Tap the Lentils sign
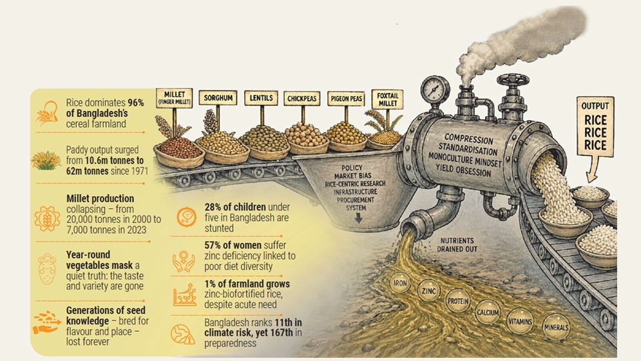coord(261,99)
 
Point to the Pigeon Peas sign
coord(346,99)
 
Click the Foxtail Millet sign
coord(387,102)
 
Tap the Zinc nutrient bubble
coord(428,291)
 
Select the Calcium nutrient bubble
coord(487,313)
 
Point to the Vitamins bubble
coord(519,320)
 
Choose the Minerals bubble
coord(555,327)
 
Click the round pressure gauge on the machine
coord(435,88)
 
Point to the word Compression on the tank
coord(468,139)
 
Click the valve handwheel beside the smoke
coord(513,81)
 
